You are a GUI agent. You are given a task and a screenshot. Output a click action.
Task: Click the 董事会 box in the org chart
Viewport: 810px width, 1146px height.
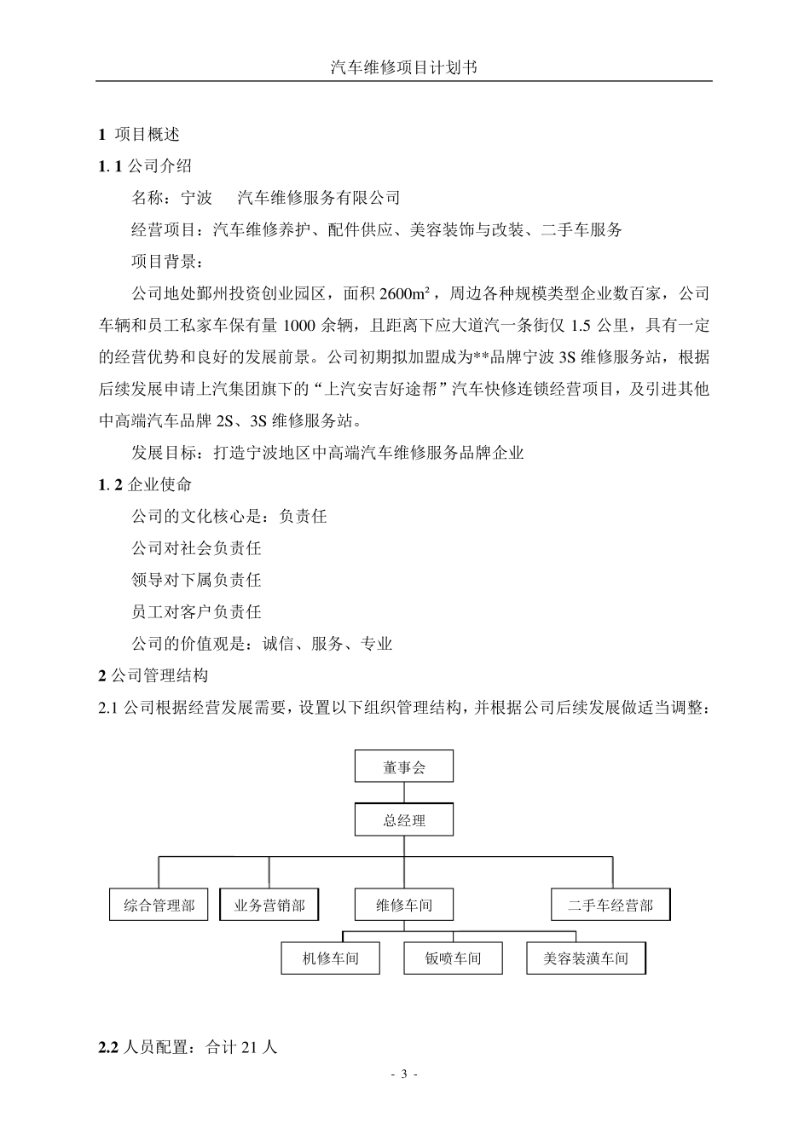click(403, 767)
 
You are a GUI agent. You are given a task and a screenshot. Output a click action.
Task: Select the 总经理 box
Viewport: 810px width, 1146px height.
click(403, 820)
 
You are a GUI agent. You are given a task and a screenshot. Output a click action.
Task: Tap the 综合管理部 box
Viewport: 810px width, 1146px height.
click(159, 905)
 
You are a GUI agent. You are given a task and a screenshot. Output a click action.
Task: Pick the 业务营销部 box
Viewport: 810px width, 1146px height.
click(269, 905)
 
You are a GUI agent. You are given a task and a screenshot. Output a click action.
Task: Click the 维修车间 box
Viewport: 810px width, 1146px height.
click(403, 905)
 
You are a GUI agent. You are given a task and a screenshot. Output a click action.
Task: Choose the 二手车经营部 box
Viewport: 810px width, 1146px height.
click(610, 905)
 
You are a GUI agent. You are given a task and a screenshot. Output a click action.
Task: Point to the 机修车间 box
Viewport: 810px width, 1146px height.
click(331, 958)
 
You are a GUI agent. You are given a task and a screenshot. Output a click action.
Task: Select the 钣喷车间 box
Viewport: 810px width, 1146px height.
click(453, 958)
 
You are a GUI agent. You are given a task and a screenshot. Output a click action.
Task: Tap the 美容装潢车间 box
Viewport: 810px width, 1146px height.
click(586, 958)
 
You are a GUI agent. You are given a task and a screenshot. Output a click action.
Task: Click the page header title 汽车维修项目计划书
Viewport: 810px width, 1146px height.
click(403, 68)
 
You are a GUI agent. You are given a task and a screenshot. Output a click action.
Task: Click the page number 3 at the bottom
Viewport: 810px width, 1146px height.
click(404, 1074)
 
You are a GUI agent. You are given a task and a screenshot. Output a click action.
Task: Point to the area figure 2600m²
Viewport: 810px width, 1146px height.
click(404, 294)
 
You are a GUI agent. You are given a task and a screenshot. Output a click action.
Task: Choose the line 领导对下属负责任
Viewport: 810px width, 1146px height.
click(196, 580)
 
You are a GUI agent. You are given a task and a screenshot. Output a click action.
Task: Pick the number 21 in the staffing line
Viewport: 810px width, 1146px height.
click(250, 1047)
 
